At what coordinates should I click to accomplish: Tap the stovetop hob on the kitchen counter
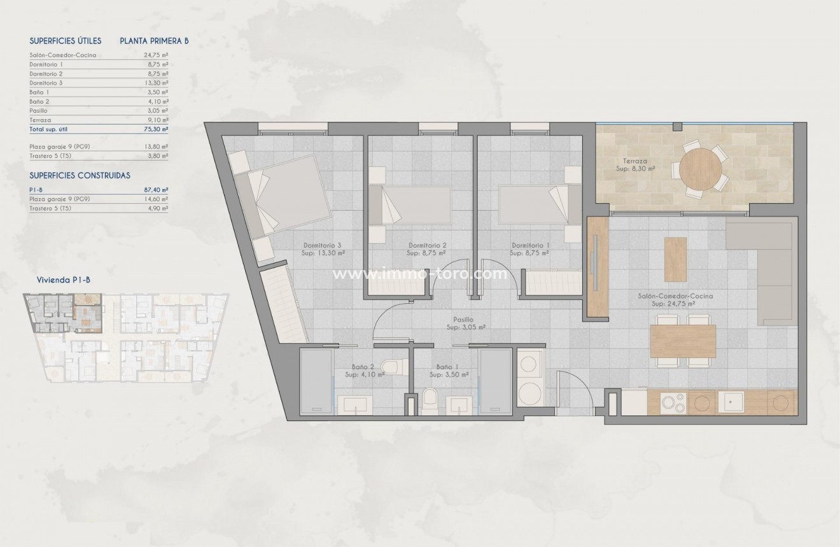673,402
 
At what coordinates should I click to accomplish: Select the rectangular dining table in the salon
683,341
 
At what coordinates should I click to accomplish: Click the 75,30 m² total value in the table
156,129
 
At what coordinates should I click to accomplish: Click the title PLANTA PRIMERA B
155,41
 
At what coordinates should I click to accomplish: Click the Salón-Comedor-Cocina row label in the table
63,55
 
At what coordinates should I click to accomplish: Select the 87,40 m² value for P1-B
156,190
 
